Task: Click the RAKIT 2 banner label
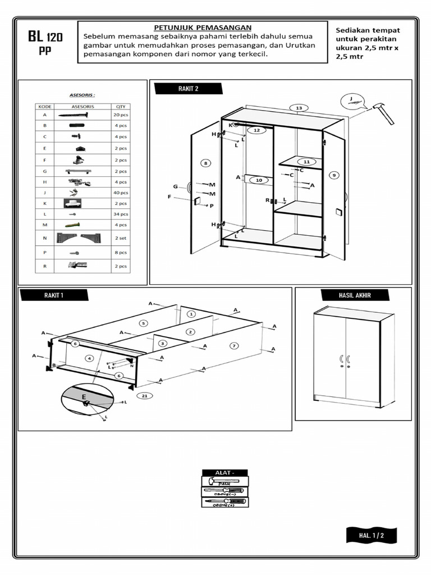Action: click(189, 89)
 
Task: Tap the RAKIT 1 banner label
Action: click(54, 295)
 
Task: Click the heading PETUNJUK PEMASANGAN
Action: click(203, 28)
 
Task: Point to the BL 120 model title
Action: click(45, 38)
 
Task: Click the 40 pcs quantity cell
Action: click(121, 193)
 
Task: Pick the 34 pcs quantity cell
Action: click(121, 214)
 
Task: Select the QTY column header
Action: click(121, 106)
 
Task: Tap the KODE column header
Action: click(44, 106)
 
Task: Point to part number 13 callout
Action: click(299, 108)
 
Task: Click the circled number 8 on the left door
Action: click(206, 163)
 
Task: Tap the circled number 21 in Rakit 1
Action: click(145, 396)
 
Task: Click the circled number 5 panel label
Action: click(143, 323)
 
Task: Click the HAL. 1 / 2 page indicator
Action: click(371, 535)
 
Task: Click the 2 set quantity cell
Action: click(121, 238)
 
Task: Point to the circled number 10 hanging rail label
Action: click(258, 180)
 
